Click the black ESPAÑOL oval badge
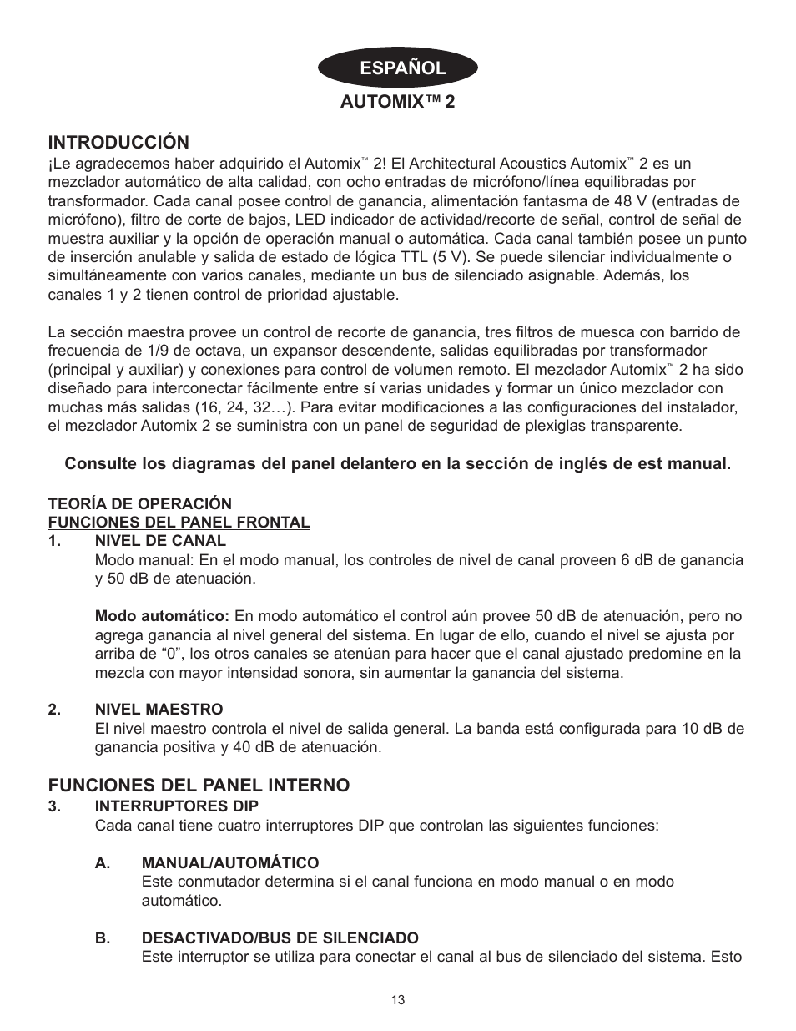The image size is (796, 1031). coord(397,68)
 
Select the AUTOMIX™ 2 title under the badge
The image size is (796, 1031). coord(397,102)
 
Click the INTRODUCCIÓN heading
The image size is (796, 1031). coord(118,142)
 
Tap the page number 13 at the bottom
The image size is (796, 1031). coord(397,1000)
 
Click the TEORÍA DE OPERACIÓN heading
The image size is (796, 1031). coord(139,504)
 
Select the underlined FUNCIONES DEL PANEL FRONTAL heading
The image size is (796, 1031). coord(179,523)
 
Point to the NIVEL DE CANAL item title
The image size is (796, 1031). coord(160,541)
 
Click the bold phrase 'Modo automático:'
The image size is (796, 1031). coord(162,616)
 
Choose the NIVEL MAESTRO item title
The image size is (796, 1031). coord(159,710)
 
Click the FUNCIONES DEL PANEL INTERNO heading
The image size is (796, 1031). coord(199,786)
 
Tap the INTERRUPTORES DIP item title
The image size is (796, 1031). coord(176,806)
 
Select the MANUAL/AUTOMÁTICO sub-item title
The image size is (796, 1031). coord(230,862)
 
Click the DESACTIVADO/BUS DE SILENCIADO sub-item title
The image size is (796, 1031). coord(280,938)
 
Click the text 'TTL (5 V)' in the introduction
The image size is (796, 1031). coord(431,257)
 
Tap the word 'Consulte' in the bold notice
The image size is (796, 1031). coord(98,463)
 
